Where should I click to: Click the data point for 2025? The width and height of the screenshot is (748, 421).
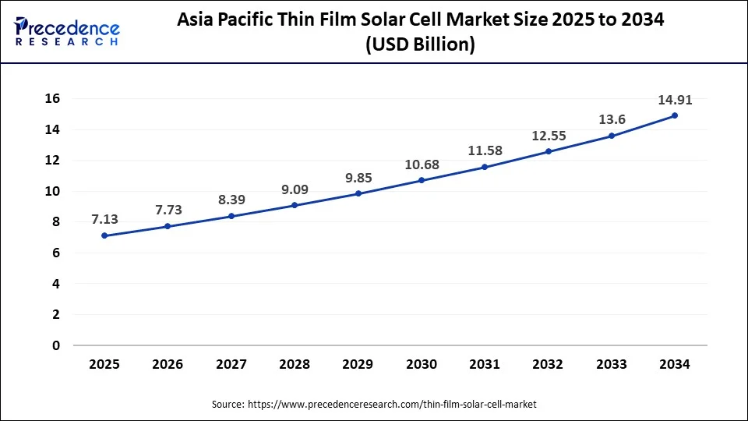coord(105,235)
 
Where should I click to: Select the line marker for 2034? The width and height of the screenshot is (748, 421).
coord(675,115)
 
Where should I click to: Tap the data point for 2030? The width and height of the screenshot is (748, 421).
coord(422,180)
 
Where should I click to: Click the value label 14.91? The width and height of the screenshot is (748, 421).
coord(674,100)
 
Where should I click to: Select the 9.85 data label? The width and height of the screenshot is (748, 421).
coord(358,177)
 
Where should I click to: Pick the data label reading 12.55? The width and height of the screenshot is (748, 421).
coord(548,136)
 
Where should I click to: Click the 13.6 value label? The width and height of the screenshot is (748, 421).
coord(611,119)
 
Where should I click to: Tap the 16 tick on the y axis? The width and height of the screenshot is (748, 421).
coord(52,99)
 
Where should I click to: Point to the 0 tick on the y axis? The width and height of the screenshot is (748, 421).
coord(56,345)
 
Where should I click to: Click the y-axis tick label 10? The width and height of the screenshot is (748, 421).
coord(52,191)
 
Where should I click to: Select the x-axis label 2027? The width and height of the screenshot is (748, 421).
coord(231,364)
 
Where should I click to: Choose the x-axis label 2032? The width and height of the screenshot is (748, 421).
coord(548,364)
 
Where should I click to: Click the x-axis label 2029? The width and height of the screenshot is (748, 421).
coord(358,364)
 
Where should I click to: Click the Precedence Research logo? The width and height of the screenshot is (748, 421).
coord(67,32)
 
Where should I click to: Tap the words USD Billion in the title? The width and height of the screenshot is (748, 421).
coord(421,45)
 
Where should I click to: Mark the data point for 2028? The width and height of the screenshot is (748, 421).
coord(295,205)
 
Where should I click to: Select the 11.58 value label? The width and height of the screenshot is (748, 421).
coord(485,151)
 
